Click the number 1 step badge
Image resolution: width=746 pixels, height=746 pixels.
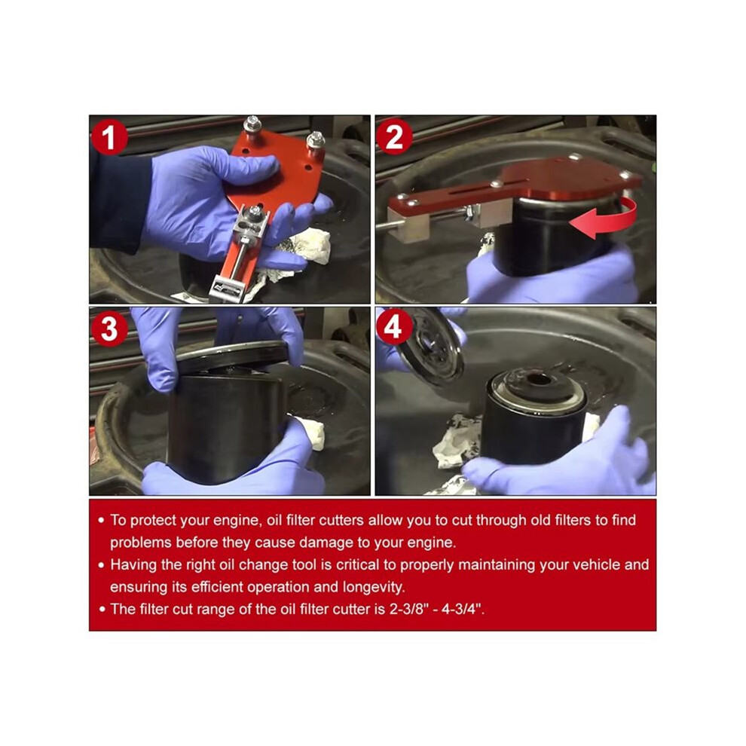[109, 137]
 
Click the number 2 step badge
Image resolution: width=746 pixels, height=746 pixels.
[394, 137]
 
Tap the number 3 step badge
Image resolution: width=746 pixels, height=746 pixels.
[109, 328]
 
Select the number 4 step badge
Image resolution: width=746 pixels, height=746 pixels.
[393, 327]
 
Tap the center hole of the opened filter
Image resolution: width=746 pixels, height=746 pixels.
[538, 379]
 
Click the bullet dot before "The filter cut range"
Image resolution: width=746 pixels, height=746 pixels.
[101, 610]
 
